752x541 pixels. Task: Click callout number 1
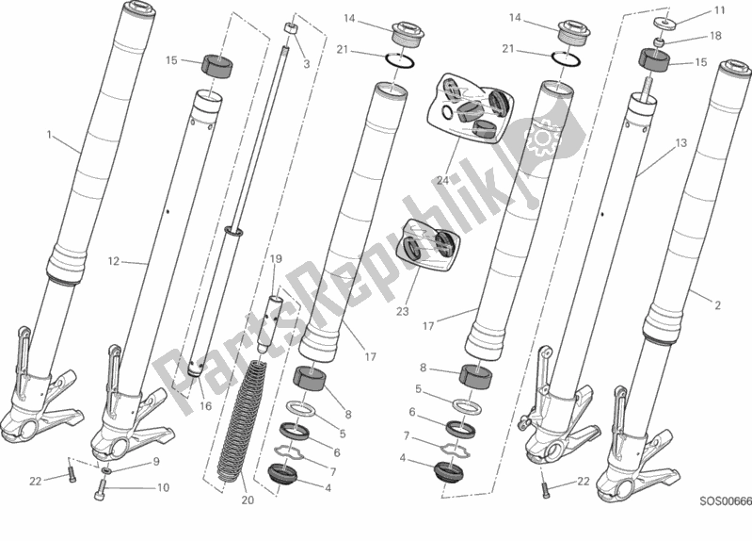coord(49,135)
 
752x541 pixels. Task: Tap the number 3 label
coord(306,63)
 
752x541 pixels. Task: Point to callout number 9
coord(156,463)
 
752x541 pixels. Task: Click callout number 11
coord(720,10)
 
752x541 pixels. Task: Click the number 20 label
coord(248,500)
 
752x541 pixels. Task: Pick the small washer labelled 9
coord(107,468)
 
